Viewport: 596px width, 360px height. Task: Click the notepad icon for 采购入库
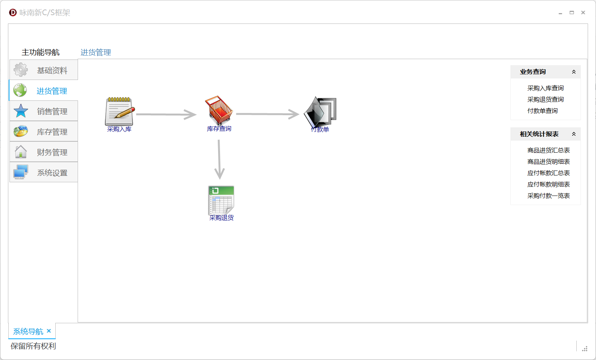[119, 111]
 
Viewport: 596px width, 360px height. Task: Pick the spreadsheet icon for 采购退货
[222, 200]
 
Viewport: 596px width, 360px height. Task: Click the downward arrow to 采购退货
[219, 159]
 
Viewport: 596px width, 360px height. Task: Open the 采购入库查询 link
[545, 88]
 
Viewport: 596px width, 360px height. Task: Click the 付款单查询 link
[542, 111]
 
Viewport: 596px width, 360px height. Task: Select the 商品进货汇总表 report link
[548, 150]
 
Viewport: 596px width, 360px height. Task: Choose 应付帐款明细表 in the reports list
[548, 185]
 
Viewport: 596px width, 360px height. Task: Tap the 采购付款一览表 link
[548, 196]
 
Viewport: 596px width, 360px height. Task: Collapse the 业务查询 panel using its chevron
[574, 72]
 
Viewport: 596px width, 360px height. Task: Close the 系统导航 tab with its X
[49, 331]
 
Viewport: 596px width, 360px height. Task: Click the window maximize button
[572, 13]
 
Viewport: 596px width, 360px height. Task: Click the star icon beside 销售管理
[21, 111]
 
